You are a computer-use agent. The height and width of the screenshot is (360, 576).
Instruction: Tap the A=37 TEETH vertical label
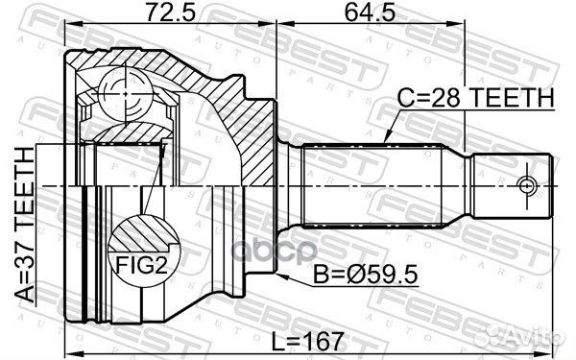(x=22, y=228)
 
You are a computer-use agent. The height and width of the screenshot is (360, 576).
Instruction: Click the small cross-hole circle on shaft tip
(x=527, y=184)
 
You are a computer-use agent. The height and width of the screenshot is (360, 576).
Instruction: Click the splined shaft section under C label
(x=370, y=184)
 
